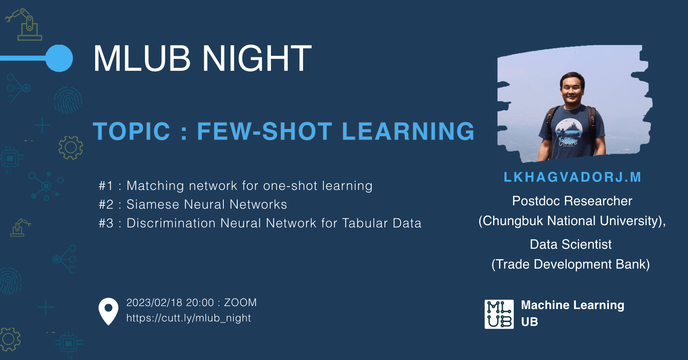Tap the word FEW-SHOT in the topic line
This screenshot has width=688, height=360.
(x=265, y=131)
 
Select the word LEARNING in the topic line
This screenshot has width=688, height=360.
(x=408, y=131)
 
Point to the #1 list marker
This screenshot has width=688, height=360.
(x=106, y=186)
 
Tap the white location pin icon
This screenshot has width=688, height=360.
(x=108, y=311)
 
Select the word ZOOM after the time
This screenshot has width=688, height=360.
(x=240, y=303)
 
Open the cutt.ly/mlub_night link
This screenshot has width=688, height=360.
(x=188, y=318)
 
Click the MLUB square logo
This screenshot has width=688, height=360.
(x=499, y=314)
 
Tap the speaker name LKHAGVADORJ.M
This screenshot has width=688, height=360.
(x=572, y=177)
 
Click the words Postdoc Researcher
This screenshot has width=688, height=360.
(x=572, y=201)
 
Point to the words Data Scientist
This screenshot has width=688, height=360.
(x=571, y=245)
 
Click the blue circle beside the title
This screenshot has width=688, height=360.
(x=59, y=58)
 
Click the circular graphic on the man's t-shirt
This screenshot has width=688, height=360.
(x=569, y=131)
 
